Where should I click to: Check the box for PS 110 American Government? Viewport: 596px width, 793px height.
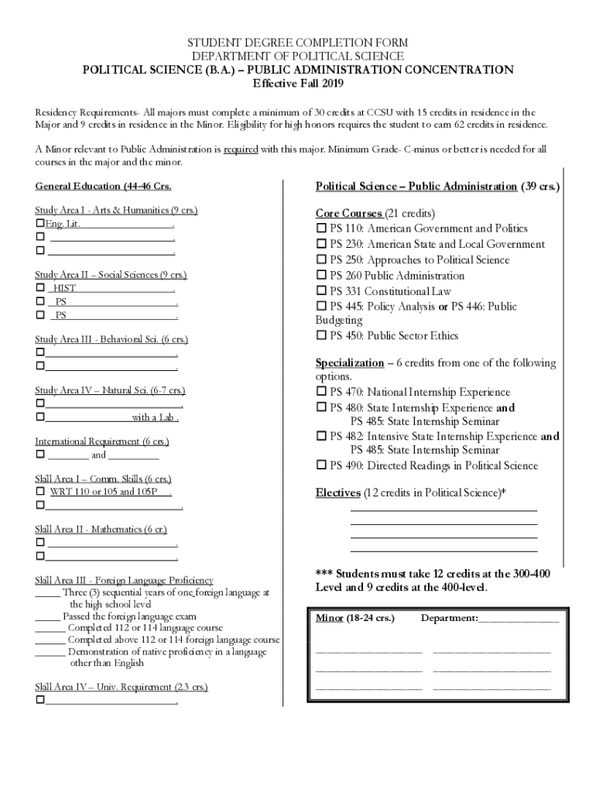tap(321, 229)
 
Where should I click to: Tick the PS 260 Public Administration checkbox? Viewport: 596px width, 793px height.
tap(321, 276)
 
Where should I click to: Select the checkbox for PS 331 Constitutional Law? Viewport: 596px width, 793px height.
tap(321, 292)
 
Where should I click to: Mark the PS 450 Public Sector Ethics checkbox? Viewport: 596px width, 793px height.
tap(321, 336)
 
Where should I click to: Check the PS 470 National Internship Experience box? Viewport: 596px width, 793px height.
tap(321, 393)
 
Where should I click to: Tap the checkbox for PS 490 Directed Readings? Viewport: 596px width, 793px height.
tap(321, 466)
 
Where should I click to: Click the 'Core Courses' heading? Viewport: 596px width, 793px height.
tap(348, 213)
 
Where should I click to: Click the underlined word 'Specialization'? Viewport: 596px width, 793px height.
tap(349, 363)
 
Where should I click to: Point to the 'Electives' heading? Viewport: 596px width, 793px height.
tap(337, 493)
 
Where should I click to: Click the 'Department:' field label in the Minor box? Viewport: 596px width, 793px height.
tap(449, 618)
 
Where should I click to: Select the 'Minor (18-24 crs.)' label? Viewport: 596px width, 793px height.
tap(355, 618)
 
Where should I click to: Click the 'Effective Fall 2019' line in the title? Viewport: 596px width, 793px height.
tap(298, 84)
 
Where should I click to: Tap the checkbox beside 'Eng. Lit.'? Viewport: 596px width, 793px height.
tap(39, 224)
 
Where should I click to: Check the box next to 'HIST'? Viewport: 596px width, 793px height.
tap(39, 288)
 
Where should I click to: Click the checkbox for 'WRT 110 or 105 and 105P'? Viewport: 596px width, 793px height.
tap(39, 492)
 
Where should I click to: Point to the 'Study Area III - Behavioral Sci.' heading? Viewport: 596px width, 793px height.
tap(111, 339)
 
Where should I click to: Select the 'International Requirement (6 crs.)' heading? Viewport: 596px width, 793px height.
tap(101, 441)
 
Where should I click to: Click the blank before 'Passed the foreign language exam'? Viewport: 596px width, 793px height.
tap(47, 616)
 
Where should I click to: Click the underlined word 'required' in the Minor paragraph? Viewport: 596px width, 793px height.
tap(240, 149)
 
